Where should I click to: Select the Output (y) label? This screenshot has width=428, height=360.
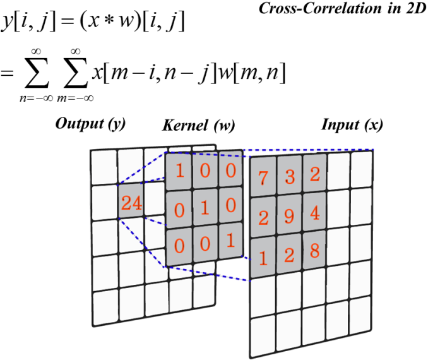[x=90, y=123]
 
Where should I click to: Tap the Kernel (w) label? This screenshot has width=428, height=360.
[x=198, y=125]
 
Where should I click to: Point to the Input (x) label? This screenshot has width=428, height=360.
[x=352, y=124]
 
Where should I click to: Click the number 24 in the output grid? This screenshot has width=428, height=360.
[x=132, y=203]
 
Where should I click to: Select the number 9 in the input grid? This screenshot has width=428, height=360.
[x=290, y=216]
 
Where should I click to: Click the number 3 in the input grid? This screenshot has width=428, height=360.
[x=290, y=177]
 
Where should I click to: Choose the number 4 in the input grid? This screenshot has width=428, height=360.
[x=314, y=214]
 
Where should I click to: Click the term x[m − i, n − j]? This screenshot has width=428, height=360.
[x=157, y=75]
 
